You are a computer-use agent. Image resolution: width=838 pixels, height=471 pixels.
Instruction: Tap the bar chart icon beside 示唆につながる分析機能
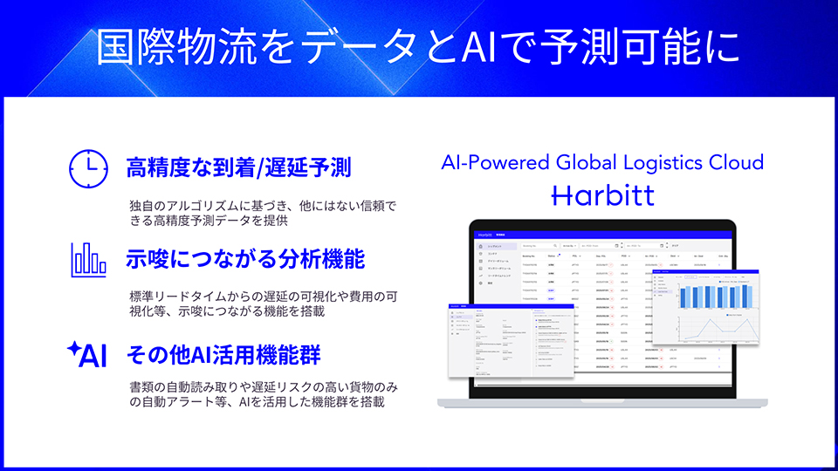88,259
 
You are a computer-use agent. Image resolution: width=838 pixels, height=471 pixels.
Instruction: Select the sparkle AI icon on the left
88,355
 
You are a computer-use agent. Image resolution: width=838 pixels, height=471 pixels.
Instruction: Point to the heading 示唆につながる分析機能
245,260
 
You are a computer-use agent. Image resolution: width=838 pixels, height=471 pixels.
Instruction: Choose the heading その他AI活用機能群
223,355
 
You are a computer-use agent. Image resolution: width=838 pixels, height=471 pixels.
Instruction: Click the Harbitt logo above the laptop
602,195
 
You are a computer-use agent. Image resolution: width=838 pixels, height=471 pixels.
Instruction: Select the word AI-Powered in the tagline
494,162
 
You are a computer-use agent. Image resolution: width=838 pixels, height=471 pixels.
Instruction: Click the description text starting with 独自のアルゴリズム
262,214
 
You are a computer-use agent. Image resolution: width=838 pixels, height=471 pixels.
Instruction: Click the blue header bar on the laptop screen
602,235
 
